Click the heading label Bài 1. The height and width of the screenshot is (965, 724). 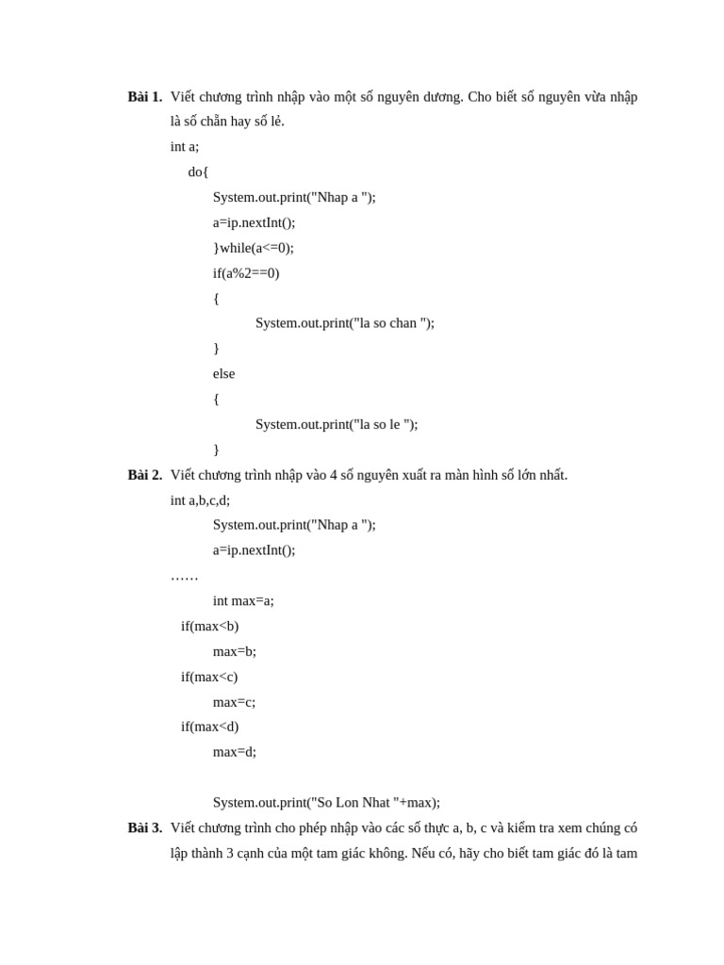tap(145, 97)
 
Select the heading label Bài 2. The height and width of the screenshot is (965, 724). tap(145, 475)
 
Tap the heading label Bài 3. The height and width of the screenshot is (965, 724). tap(145, 827)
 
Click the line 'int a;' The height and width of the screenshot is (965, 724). tap(185, 147)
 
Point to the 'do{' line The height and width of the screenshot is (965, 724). tap(198, 172)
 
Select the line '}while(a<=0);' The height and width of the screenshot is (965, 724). tap(253, 248)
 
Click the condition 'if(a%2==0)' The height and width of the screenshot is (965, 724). tap(246, 273)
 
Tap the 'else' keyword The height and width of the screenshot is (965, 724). tap(223, 374)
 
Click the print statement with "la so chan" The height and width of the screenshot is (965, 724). tap(345, 323)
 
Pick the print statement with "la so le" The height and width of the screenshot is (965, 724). tap(337, 424)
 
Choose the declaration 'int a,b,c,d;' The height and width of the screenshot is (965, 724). tap(200, 500)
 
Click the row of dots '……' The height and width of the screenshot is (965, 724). tap(184, 576)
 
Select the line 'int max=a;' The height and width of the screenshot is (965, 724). tap(243, 601)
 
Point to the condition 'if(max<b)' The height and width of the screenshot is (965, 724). tap(209, 627)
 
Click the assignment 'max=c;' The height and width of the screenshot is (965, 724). tap(234, 702)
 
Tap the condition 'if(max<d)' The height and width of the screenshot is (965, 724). tap(209, 727)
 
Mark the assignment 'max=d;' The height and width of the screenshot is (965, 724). tap(235, 752)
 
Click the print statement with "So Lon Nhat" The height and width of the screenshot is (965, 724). tap(326, 803)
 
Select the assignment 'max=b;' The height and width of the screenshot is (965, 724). tap(235, 651)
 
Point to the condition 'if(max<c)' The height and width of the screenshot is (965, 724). tap(209, 677)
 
